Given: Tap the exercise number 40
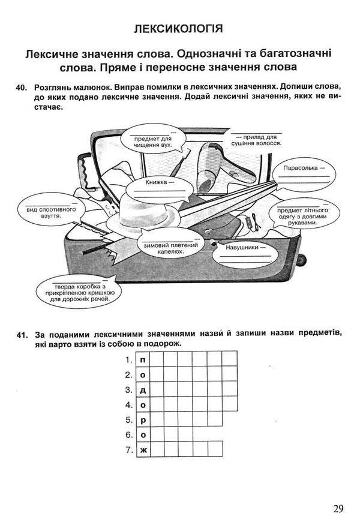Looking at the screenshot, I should coord(23,89).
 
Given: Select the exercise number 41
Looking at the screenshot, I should coord(23,334).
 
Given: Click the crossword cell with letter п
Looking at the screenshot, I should coord(143,360).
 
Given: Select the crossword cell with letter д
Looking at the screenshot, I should coord(143,390).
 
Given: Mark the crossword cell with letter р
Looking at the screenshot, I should coord(143,419).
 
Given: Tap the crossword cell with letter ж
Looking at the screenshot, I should coord(143,448).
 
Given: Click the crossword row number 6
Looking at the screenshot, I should coord(128,434).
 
